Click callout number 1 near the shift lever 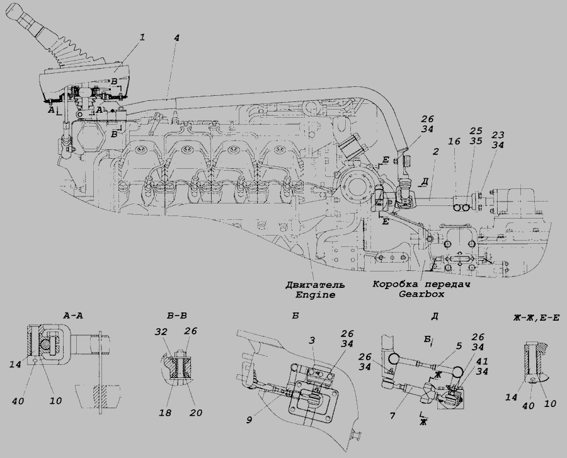[x=143, y=38]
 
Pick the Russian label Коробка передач [x=420, y=284]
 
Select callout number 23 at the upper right [x=498, y=134]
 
